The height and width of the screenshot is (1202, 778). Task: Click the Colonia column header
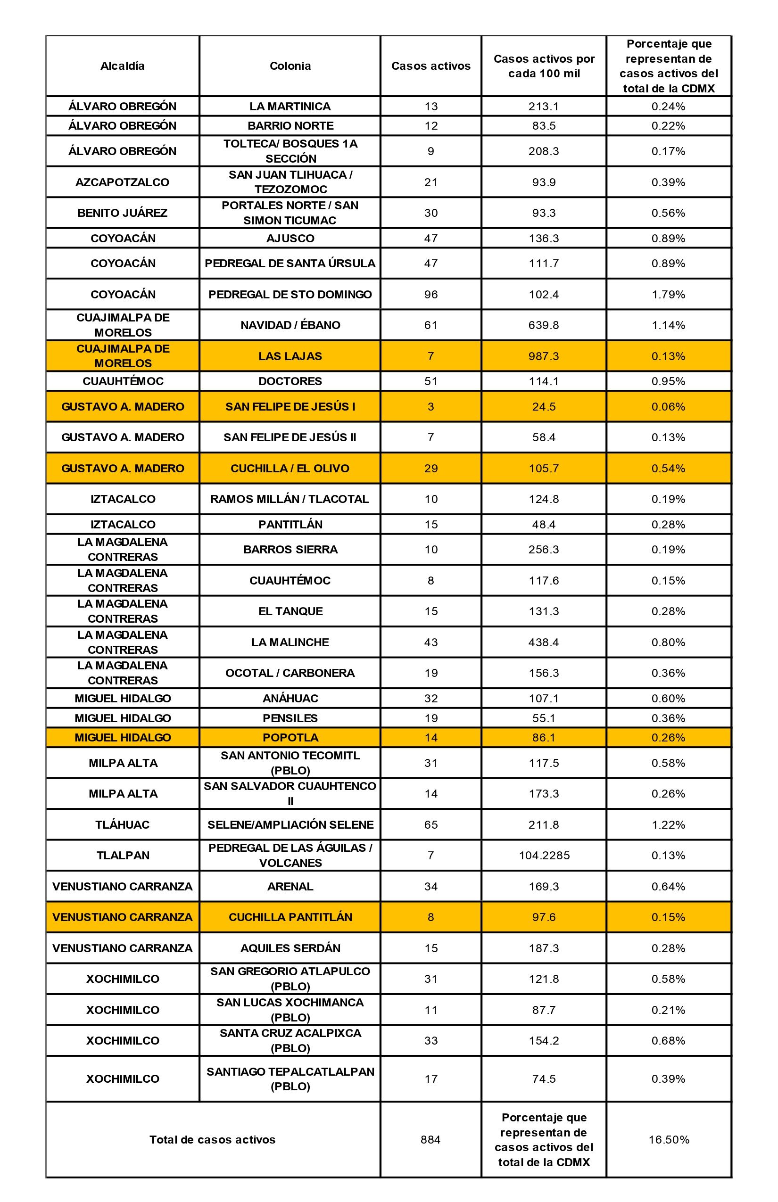coord(290,66)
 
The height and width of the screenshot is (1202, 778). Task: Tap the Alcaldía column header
coord(122,66)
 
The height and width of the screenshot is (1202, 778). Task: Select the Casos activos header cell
coord(430,66)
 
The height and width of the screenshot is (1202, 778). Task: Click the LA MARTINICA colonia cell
coord(290,106)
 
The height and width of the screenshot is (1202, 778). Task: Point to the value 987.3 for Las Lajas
coord(544,356)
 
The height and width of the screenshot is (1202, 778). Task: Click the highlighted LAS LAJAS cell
coord(290,356)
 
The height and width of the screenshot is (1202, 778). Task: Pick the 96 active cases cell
coord(430,294)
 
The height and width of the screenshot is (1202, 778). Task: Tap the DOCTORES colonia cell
coord(290,381)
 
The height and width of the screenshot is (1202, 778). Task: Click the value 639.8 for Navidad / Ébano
coord(544,325)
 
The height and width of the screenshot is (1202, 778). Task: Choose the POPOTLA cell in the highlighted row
coord(290,737)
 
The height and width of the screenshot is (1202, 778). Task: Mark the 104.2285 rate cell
coord(544,855)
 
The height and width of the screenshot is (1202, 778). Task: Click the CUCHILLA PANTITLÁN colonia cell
coord(290,917)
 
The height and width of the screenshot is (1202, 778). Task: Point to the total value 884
coord(430,1139)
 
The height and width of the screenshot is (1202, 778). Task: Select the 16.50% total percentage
coord(669,1139)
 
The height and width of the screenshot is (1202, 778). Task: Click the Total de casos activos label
coord(212,1139)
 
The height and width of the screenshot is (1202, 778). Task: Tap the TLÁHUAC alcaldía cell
coord(122,824)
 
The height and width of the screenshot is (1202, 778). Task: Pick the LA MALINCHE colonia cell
coord(290,642)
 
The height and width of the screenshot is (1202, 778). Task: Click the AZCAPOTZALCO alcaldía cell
coord(122,182)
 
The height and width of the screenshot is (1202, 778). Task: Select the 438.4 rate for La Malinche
coord(544,642)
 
